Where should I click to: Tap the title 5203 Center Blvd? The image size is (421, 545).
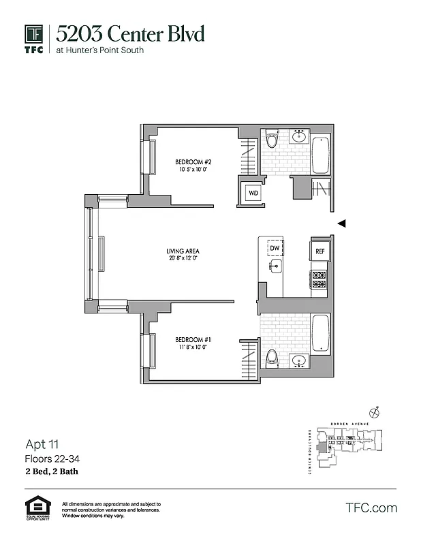tap(130, 34)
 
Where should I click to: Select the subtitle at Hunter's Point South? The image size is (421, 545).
tap(100, 50)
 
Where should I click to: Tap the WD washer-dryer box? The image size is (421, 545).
tap(253, 192)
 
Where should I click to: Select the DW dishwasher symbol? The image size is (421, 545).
tap(275, 249)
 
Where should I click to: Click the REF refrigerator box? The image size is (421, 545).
tap(320, 251)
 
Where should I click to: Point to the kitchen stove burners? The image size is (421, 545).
tap(319, 279)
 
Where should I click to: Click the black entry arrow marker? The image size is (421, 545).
tap(342, 223)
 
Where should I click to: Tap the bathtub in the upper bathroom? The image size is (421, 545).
tap(320, 155)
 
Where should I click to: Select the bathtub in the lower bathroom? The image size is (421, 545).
tap(320, 333)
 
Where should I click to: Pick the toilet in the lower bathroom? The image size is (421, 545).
tap(272, 357)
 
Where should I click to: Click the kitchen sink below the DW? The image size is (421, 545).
tap(275, 267)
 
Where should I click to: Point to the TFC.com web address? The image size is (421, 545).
tap(371, 508)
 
